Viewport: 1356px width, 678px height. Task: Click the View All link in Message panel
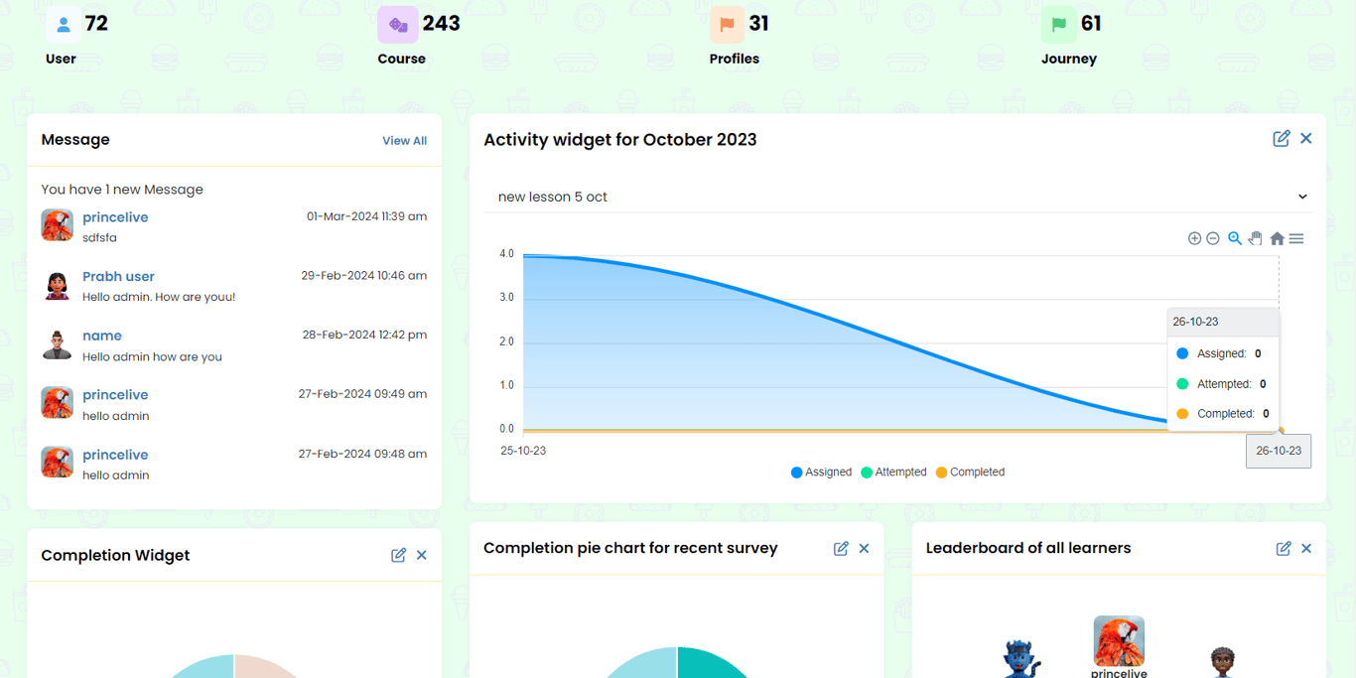tap(404, 141)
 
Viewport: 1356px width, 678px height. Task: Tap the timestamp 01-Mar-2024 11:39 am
tap(366, 216)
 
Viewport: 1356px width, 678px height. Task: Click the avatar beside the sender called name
tap(58, 344)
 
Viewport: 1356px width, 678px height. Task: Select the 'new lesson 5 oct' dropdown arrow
tap(1302, 197)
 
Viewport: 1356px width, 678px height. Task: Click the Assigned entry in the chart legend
tap(821, 473)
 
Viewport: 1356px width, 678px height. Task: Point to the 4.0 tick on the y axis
tap(506, 254)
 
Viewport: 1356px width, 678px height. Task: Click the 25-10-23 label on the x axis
tap(523, 451)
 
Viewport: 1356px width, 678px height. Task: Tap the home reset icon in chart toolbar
tap(1277, 238)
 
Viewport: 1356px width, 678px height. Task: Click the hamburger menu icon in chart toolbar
tap(1296, 238)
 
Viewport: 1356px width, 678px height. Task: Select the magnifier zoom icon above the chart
tap(1234, 238)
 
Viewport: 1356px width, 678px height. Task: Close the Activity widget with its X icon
tap(1306, 139)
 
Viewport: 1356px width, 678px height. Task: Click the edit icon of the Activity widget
tap(1282, 139)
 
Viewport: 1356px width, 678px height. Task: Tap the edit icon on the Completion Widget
tap(398, 555)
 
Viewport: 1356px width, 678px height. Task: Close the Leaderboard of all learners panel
tap(1306, 548)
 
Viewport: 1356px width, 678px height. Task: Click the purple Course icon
tap(397, 25)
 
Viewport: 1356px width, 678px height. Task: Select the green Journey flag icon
tap(1059, 25)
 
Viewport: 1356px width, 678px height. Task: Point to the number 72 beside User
tap(96, 24)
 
